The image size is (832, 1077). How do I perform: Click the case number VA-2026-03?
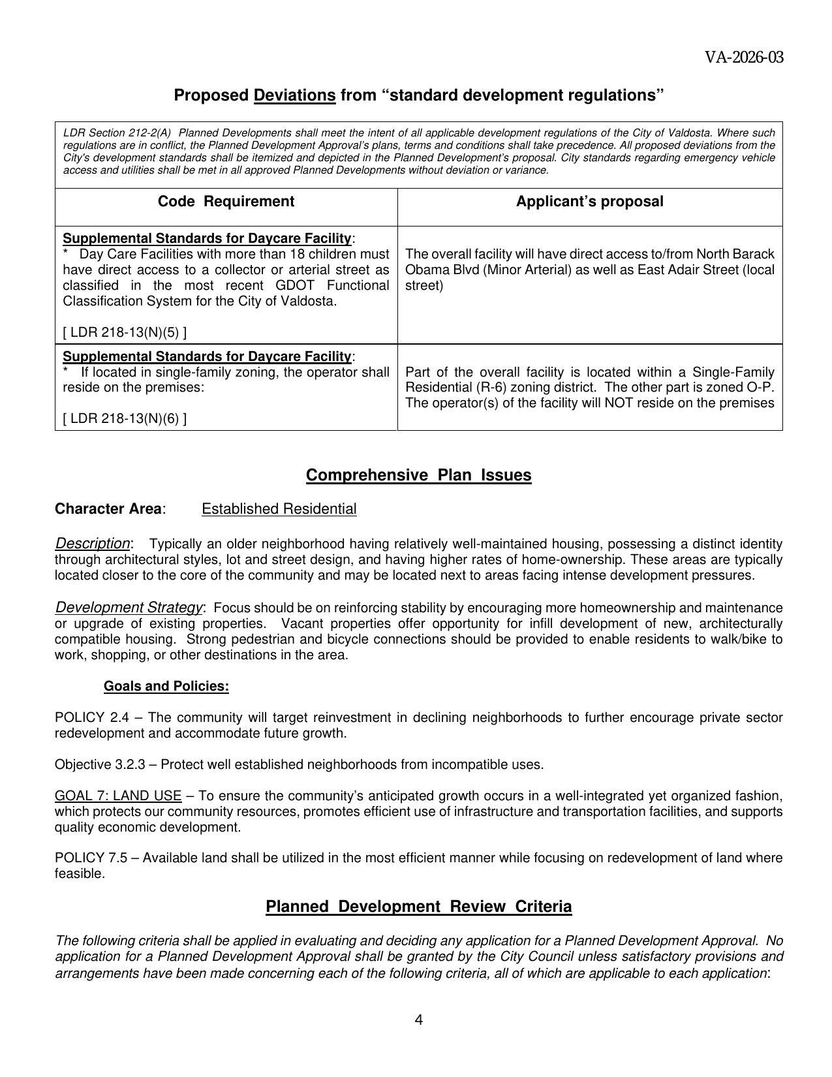coord(743,57)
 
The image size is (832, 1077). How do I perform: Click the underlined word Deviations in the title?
coord(294,95)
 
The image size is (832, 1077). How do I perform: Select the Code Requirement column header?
coord(226,202)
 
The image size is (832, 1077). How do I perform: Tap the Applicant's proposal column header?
coord(589,202)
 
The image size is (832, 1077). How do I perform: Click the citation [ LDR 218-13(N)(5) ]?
coord(125,332)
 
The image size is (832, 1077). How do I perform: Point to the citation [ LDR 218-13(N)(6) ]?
coord(125,418)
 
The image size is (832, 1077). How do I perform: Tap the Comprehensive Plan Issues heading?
coord(418,475)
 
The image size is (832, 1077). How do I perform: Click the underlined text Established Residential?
coord(279,509)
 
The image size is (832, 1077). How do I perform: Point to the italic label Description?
coord(93,543)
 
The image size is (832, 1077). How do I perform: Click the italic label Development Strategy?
coord(129,607)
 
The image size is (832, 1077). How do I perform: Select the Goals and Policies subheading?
coord(166,686)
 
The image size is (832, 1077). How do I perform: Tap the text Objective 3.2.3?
coord(100,764)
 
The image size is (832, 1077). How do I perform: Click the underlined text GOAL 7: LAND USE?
coord(118,796)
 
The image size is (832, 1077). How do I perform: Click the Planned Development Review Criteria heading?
coord(418,907)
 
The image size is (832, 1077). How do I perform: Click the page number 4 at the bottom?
coord(418,1020)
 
